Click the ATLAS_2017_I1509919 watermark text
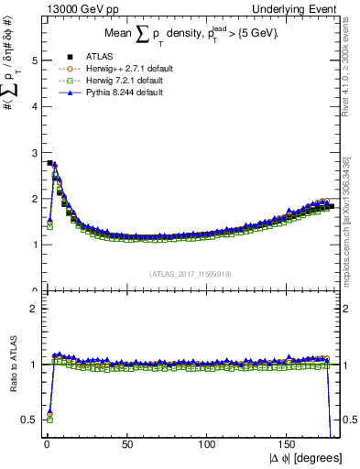click(x=190, y=273)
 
